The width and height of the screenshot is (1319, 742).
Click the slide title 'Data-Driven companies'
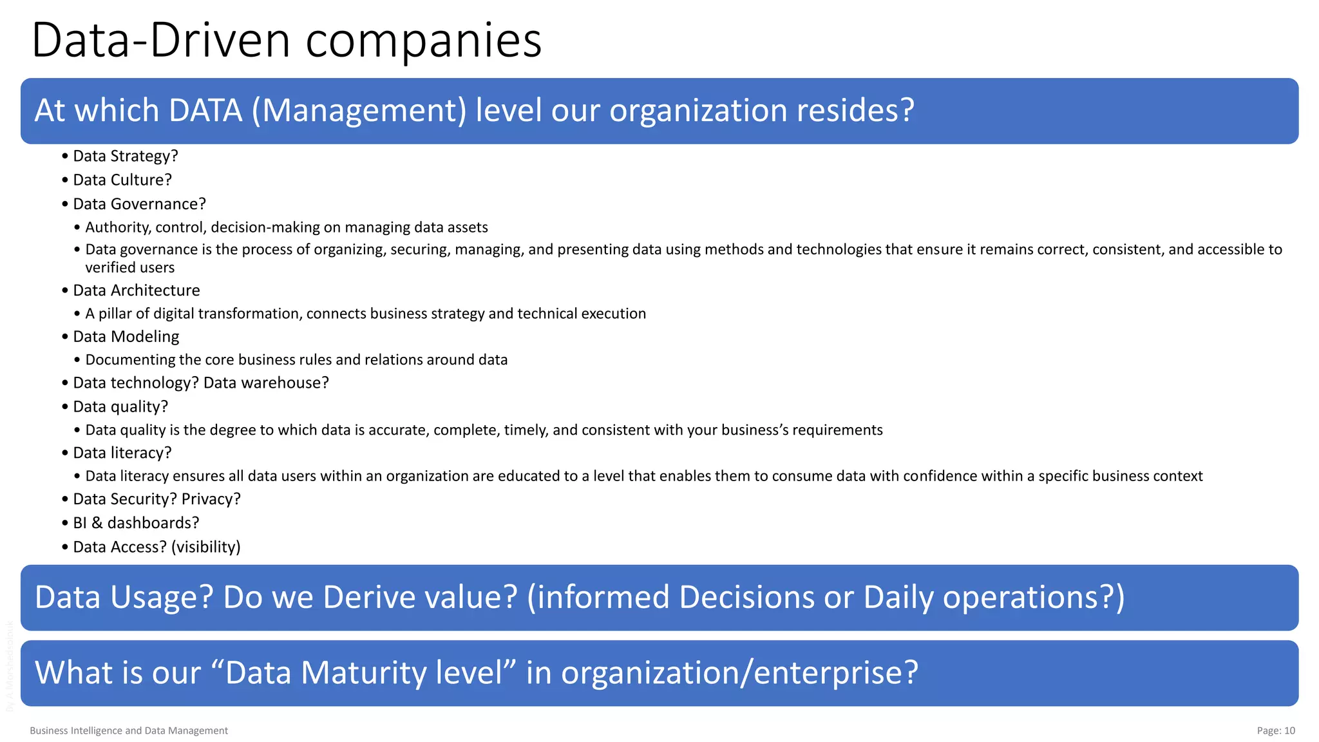(287, 41)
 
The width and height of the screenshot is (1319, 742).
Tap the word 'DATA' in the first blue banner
(205, 110)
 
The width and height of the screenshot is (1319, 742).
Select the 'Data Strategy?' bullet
(126, 156)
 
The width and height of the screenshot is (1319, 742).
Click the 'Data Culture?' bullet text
(122, 180)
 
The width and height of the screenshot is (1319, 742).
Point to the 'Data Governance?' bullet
(139, 204)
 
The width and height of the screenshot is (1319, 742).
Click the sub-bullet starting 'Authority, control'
(287, 227)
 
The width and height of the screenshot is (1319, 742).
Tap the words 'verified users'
(129, 267)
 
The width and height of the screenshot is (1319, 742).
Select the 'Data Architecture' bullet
(137, 290)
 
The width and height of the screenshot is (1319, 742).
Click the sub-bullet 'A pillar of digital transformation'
(365, 314)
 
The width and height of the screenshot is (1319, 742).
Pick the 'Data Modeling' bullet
(126, 337)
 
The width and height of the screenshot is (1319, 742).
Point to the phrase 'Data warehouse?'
(266, 383)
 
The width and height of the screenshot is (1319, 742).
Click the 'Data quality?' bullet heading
(120, 406)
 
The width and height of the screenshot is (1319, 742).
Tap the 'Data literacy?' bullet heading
(122, 453)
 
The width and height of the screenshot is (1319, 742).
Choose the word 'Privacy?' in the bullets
(211, 499)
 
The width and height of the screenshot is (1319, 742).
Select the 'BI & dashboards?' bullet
(136, 523)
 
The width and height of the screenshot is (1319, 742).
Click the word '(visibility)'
(206, 547)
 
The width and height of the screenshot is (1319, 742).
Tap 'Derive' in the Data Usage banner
(368, 597)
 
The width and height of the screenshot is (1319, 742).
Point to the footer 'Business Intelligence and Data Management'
(129, 730)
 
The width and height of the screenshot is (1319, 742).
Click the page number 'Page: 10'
(1275, 730)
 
